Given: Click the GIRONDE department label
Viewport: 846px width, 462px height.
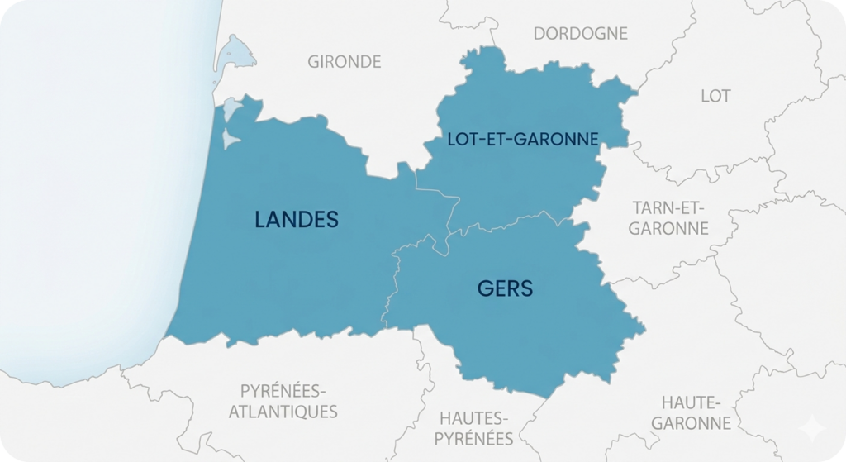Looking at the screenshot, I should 345,61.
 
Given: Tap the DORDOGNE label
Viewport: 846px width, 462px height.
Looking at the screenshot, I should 580,33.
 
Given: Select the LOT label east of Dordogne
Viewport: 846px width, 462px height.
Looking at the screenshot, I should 715,96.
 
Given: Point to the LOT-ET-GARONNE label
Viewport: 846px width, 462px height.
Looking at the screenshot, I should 521,139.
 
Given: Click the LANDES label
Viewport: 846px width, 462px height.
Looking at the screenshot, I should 297,219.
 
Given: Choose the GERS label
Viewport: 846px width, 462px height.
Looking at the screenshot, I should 505,288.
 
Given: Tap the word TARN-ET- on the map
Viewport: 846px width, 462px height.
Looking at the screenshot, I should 669,207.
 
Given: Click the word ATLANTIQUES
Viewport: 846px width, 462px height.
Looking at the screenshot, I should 283,411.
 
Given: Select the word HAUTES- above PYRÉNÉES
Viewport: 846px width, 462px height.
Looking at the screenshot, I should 474,417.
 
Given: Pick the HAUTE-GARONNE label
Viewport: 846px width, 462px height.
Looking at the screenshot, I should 692,412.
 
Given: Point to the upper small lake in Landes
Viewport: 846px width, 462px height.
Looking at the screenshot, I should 234,107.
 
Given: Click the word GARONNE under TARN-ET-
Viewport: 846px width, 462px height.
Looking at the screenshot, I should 669,228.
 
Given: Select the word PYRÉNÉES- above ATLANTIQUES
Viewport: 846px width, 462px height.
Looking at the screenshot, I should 283,389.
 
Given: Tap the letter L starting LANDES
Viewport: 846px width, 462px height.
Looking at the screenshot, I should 262,219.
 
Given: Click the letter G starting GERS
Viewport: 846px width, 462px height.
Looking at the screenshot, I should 485,288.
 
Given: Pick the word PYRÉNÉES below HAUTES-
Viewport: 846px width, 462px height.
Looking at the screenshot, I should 474,438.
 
